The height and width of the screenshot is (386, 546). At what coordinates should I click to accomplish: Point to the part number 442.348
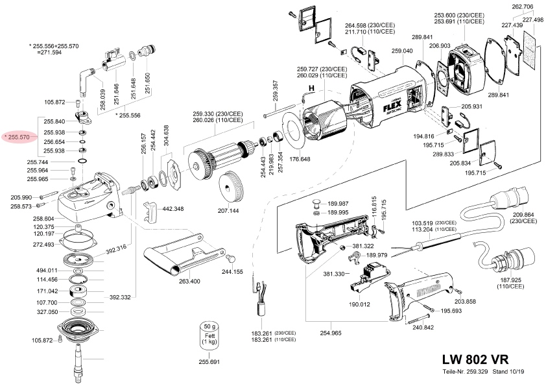(x=172, y=209)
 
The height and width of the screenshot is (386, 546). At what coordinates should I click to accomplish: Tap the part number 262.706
(x=522, y=6)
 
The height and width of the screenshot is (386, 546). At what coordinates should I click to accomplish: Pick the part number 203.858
(x=465, y=302)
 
